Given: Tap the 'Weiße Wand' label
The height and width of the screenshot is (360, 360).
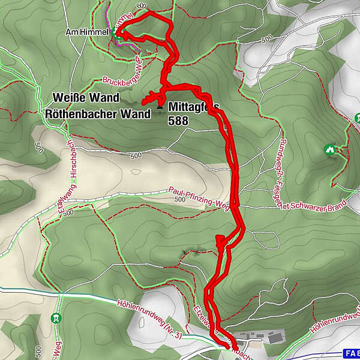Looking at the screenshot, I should click(x=86, y=97).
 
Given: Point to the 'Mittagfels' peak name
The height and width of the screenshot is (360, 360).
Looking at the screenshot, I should click(x=194, y=107).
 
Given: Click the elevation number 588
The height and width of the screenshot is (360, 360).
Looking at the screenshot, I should click(x=178, y=121).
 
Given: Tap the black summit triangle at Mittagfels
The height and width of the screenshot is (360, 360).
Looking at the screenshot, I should click(x=160, y=107).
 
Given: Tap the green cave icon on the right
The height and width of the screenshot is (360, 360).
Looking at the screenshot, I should click(x=329, y=149).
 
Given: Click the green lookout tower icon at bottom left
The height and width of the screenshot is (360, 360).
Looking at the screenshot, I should click(x=56, y=317).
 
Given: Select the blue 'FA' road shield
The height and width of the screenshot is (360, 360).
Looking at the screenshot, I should click(x=352, y=353).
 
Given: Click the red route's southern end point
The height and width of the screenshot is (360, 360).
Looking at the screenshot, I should click(x=229, y=346).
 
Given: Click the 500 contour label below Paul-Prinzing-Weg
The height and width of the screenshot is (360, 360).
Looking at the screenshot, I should click(x=178, y=200).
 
